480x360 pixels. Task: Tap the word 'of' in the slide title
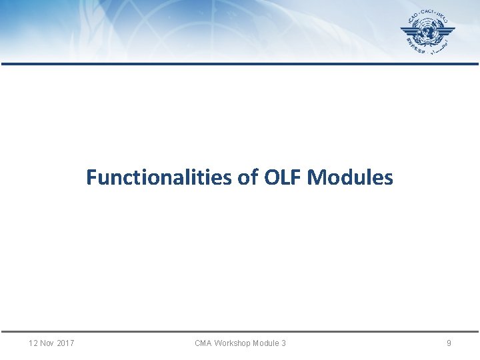(x=249, y=178)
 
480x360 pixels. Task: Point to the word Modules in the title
(x=351, y=178)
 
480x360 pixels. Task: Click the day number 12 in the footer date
(x=34, y=343)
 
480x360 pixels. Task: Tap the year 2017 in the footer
(x=65, y=343)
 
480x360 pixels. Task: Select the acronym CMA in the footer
(x=203, y=343)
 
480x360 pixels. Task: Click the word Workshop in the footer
(x=233, y=343)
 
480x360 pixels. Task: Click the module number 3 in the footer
(x=283, y=343)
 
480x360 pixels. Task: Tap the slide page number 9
(x=449, y=343)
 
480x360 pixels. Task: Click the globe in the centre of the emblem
(x=428, y=33)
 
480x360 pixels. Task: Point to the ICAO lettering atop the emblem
(x=419, y=15)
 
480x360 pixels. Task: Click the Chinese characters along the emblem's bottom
(x=414, y=47)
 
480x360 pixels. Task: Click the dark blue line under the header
(x=240, y=64)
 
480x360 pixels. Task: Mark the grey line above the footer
(x=240, y=331)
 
